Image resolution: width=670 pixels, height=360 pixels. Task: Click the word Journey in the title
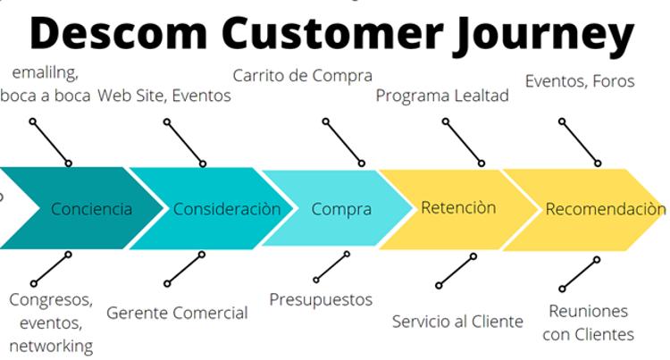tap(543, 34)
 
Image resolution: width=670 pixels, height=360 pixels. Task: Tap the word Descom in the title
tap(119, 32)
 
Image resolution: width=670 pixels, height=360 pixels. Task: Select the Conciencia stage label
tap(91, 209)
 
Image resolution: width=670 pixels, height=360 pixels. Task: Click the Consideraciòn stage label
tap(227, 209)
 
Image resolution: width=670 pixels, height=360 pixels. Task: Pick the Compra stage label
tap(341, 210)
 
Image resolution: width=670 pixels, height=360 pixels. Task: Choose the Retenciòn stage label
tap(458, 207)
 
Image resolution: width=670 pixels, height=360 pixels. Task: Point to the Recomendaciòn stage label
tap(606, 209)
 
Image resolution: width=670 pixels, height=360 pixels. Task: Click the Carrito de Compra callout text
tap(303, 76)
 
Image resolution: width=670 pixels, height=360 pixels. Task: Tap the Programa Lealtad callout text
tap(442, 96)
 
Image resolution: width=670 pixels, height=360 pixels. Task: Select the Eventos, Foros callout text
tap(580, 81)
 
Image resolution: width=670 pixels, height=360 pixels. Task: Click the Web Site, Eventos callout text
tap(164, 96)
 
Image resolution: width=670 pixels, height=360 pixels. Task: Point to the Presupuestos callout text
tap(321, 300)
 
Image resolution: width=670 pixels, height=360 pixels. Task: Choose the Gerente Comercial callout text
tap(177, 313)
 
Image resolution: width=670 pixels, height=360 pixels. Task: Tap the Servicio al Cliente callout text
tap(457, 322)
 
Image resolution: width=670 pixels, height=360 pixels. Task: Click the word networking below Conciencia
tap(51, 346)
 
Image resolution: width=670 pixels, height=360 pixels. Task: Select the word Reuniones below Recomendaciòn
tap(589, 311)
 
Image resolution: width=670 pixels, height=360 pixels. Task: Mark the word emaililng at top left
tap(46, 73)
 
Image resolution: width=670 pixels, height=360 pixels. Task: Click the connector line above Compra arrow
tap(344, 142)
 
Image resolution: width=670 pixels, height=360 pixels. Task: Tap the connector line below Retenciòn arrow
tap(456, 272)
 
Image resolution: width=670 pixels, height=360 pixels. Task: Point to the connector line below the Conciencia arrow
tap(51, 269)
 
